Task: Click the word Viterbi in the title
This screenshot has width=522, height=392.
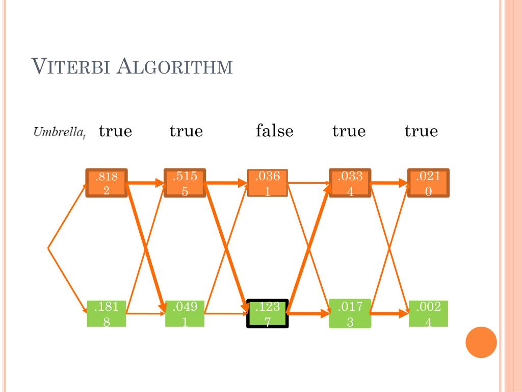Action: click(71, 67)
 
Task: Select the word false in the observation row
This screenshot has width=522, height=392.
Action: click(275, 131)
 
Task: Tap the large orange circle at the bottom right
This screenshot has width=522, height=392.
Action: click(481, 342)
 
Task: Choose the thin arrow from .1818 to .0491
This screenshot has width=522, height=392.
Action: click(146, 313)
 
